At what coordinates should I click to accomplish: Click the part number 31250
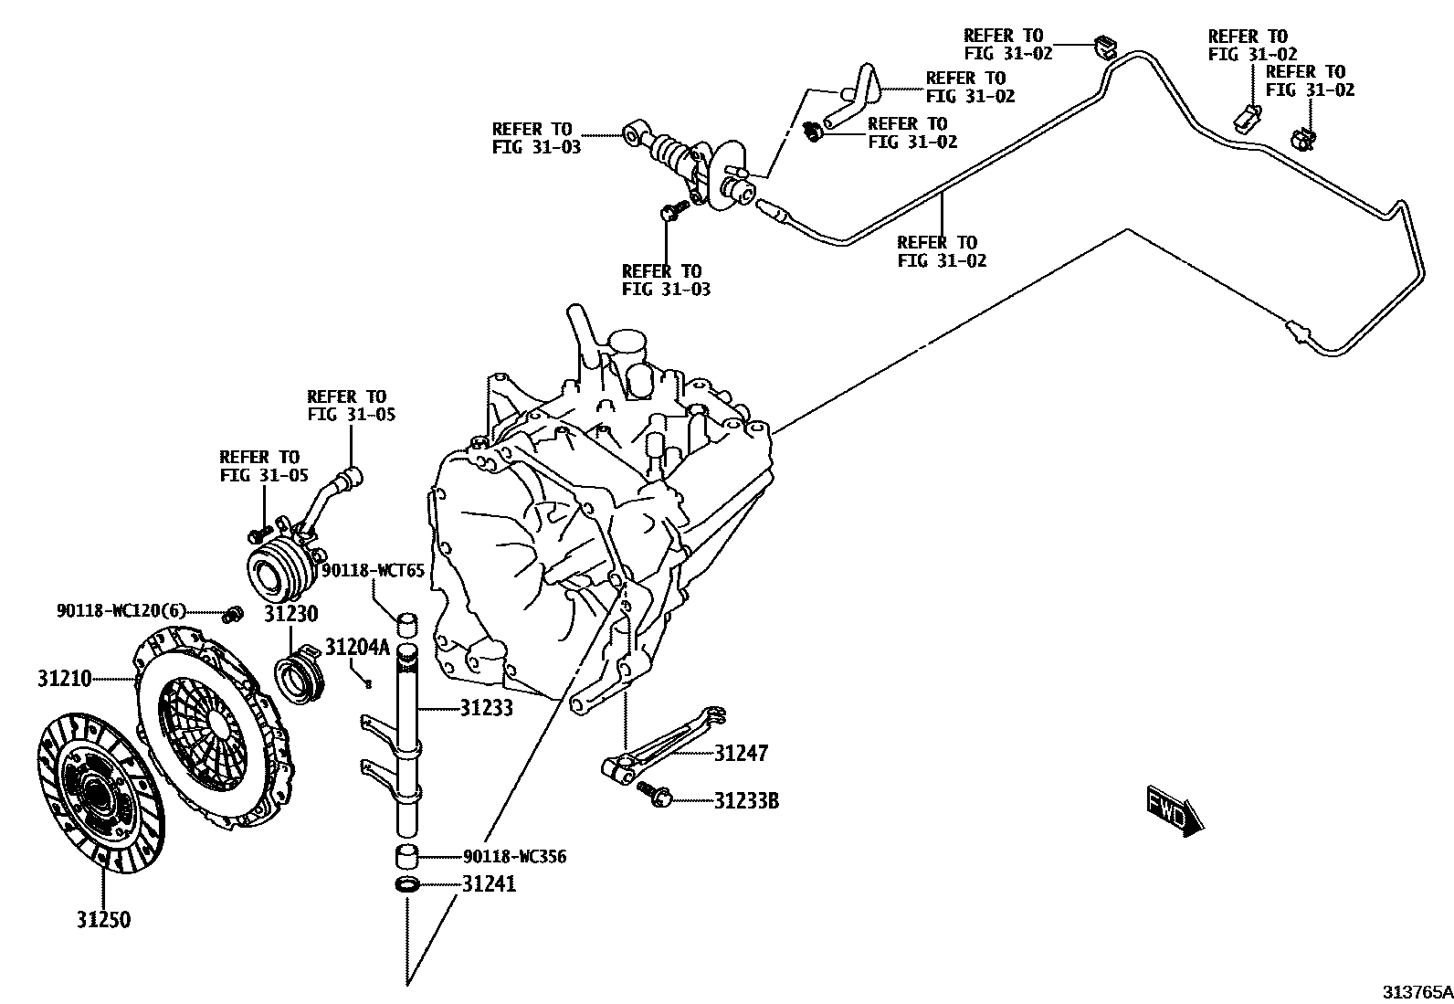click(103, 920)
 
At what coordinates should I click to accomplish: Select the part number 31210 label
click(65, 679)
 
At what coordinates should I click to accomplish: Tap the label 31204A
click(357, 649)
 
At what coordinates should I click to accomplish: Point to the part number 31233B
click(746, 801)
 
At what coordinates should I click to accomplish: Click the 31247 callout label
click(741, 754)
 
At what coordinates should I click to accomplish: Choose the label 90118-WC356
click(515, 857)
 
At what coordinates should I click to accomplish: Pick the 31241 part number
click(489, 884)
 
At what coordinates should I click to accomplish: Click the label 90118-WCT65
click(373, 571)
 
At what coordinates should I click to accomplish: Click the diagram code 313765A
click(1416, 991)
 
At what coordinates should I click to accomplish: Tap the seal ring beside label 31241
click(407, 884)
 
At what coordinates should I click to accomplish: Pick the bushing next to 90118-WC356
click(407, 858)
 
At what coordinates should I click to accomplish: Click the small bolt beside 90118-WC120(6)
click(233, 612)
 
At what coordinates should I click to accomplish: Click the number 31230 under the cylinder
click(291, 614)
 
